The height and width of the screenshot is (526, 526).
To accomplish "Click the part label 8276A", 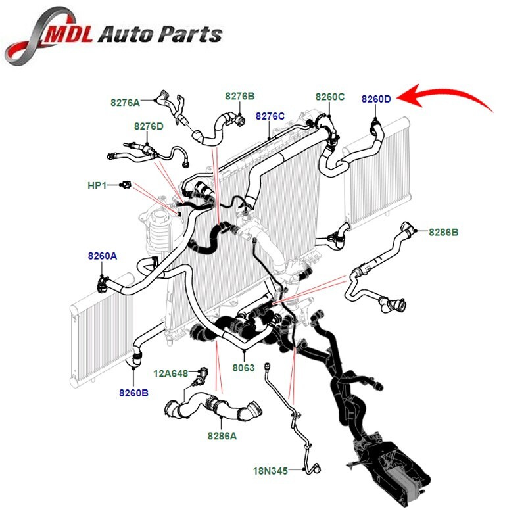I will (125, 103).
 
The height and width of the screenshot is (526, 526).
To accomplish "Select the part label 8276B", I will (239, 96).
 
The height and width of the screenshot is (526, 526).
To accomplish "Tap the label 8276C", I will (270, 116).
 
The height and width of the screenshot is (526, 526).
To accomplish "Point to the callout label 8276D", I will (149, 126).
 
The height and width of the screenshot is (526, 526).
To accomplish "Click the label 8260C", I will (329, 97).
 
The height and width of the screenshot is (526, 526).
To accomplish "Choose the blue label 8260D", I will (376, 99).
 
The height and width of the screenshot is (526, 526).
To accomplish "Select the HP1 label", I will (97, 186).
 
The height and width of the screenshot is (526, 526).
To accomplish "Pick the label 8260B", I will (133, 393).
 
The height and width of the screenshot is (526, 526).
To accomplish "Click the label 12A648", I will (170, 373).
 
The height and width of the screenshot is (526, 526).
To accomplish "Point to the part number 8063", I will (244, 368).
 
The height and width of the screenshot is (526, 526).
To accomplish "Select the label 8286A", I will (222, 435).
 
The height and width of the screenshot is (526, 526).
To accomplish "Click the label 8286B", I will (444, 232).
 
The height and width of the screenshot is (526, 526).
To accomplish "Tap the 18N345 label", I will (270, 471).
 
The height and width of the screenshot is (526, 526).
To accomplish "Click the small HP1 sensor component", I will (124, 186).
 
